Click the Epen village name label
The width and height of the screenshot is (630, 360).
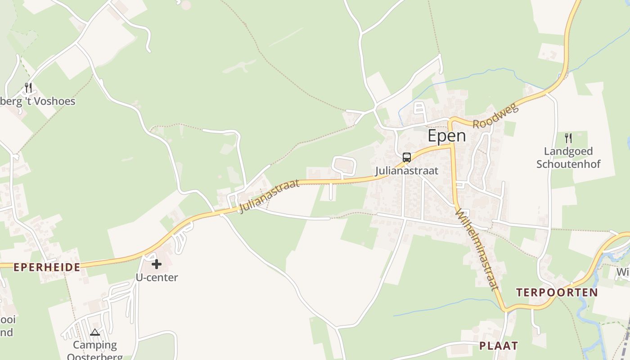click(446, 136)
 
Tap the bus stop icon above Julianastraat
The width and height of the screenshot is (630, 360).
click(406, 157)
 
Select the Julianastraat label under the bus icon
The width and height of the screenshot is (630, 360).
click(406, 171)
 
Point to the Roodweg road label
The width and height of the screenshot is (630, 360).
click(496, 116)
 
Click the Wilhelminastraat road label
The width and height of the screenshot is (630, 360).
click(477, 249)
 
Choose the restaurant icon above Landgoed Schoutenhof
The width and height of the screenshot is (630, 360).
click(568, 138)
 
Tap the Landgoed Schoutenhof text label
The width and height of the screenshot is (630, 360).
click(568, 157)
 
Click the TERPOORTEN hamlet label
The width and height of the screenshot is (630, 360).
click(557, 292)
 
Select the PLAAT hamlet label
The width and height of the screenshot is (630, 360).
click(498, 346)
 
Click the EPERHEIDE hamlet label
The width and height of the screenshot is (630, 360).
click(47, 267)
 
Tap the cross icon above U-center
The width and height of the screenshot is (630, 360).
click(157, 264)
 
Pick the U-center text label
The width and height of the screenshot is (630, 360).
click(157, 278)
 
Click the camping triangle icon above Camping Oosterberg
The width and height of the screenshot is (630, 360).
click(94, 333)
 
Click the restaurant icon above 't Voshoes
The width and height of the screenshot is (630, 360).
click(28, 87)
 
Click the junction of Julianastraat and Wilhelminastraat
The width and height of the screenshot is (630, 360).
click(452, 145)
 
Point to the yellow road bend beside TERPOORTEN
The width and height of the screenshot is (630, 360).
click(508, 310)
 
